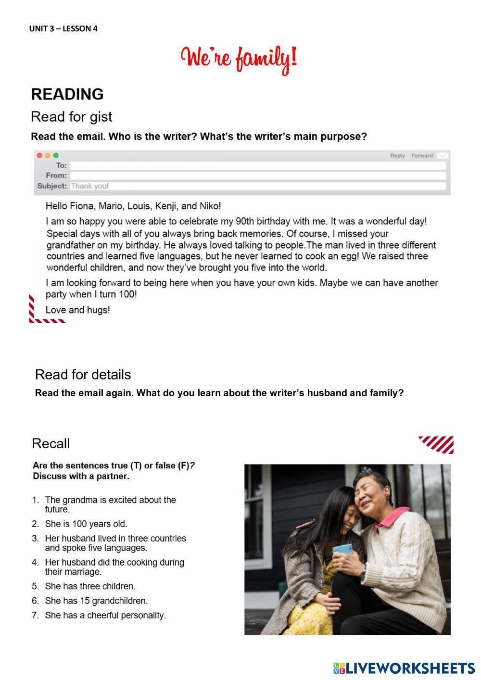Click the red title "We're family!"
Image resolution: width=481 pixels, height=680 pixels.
click(239, 59)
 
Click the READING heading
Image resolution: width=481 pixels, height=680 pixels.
click(67, 94)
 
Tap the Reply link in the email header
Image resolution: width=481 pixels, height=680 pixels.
click(397, 155)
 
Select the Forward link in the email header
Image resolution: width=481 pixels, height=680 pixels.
click(422, 155)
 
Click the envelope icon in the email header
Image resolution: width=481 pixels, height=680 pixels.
click(443, 155)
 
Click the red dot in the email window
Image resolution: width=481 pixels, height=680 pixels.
click(39, 155)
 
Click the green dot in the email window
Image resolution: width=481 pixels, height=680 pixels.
click(56, 155)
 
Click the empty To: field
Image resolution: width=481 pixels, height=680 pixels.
click(258, 165)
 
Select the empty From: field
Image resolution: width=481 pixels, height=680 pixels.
click(258, 176)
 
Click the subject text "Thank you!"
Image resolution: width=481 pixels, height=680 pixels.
click(90, 186)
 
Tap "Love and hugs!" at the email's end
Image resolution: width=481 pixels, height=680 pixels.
click(78, 310)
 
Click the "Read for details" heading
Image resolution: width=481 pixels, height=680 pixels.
click(83, 375)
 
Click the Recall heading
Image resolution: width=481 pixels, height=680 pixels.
click(51, 443)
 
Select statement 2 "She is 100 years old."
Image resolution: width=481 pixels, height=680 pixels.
click(86, 524)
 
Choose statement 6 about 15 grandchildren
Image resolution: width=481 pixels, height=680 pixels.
click(96, 601)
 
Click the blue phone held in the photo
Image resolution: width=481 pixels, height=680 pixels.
click(342, 550)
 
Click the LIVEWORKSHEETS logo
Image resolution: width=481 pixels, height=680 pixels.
click(404, 668)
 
